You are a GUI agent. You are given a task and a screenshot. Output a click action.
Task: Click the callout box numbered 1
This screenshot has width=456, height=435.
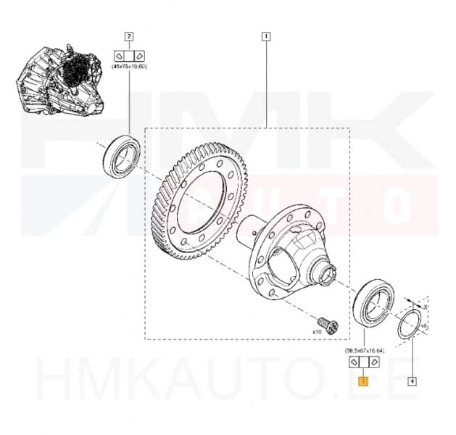267,35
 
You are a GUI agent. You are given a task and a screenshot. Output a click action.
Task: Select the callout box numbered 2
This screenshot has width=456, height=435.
129,35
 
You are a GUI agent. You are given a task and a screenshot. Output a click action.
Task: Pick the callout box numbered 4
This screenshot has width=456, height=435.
412,380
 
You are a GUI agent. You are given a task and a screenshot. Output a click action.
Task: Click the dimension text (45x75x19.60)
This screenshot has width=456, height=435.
129,67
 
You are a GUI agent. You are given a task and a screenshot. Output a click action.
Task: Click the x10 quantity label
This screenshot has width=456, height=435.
317,331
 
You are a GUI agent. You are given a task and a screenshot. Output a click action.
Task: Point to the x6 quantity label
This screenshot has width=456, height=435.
424,326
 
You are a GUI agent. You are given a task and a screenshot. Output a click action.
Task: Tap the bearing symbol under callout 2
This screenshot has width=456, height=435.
129,54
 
